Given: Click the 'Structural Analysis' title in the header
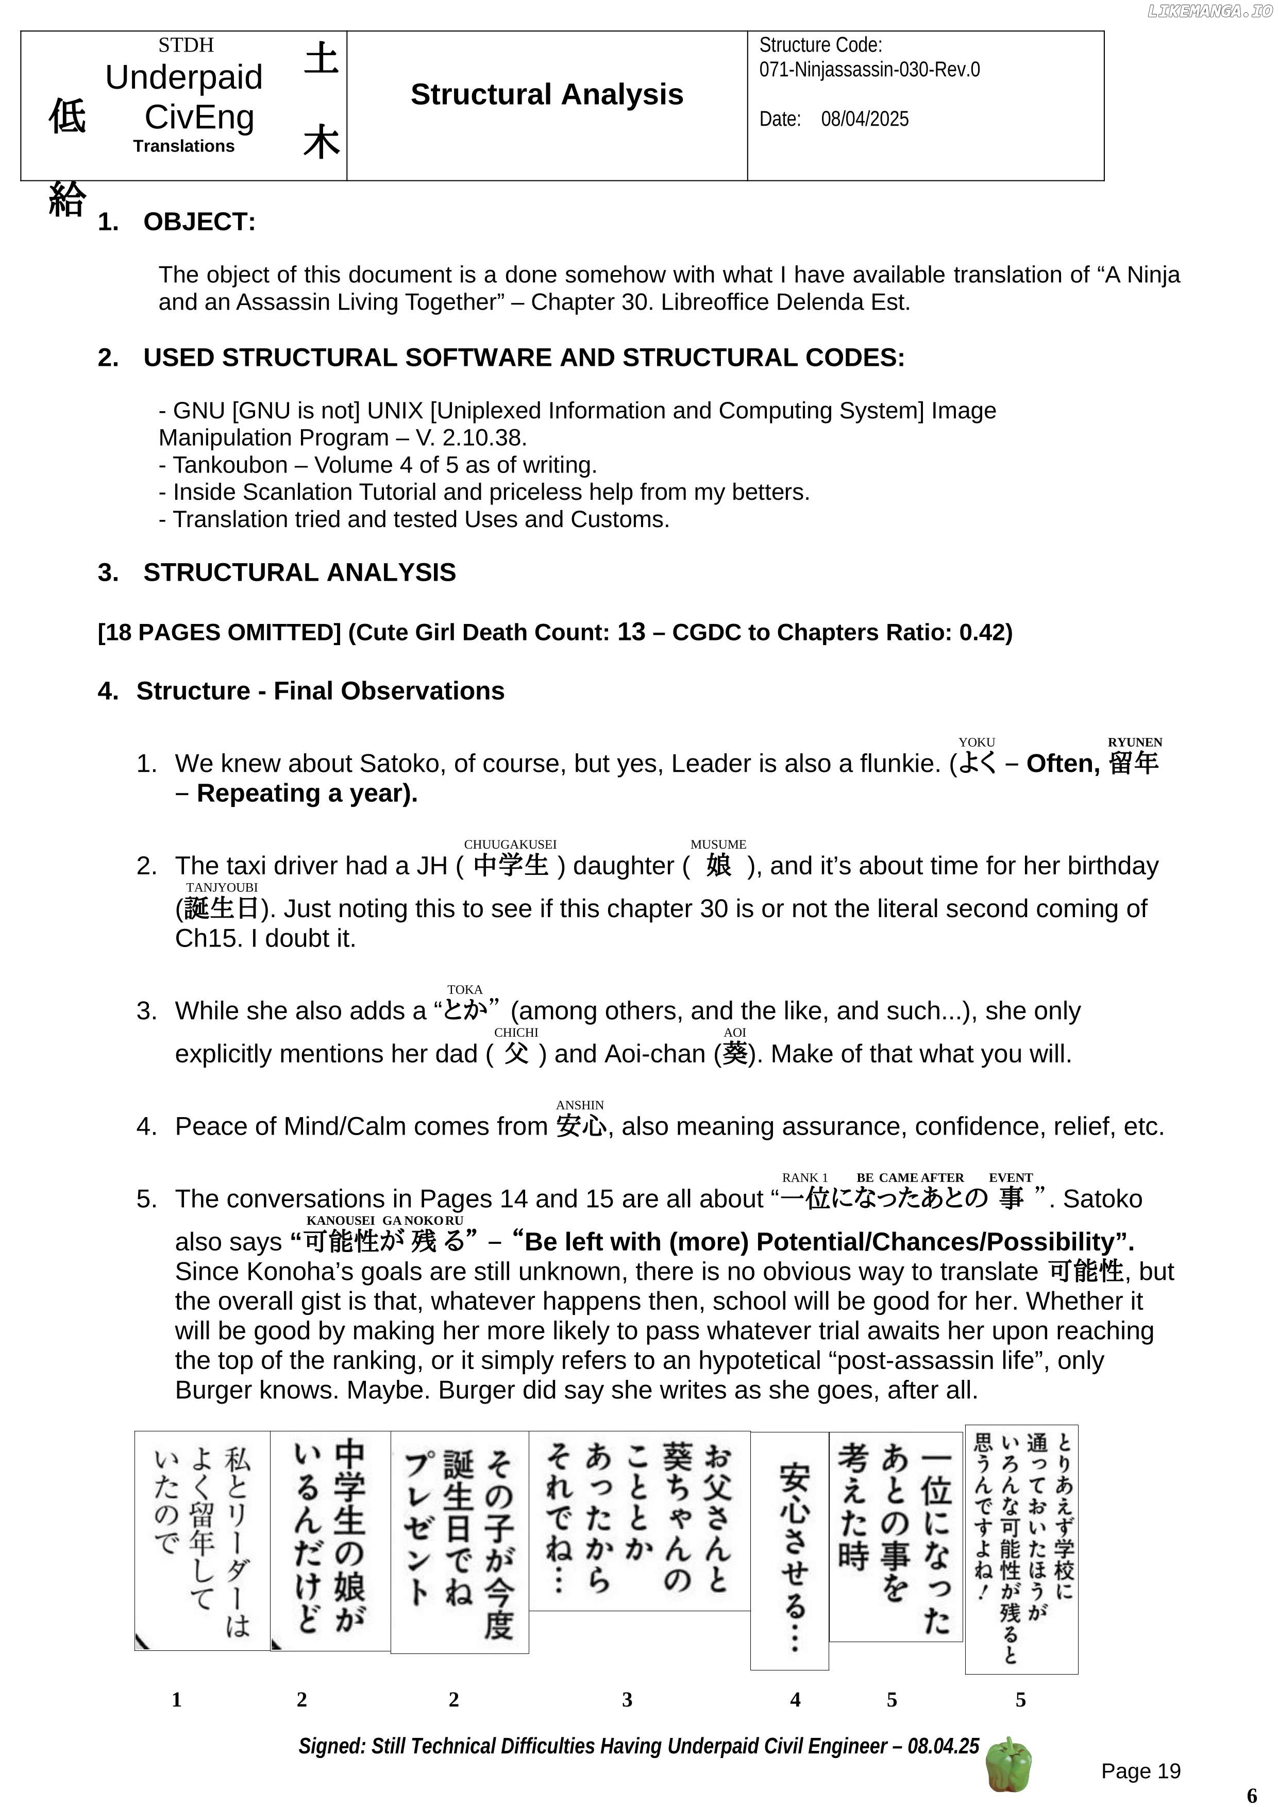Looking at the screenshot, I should point(547,94).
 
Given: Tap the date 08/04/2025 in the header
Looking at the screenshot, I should point(864,119).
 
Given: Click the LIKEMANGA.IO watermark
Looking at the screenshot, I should point(1209,11).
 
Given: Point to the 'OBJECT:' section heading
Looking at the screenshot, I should point(199,222).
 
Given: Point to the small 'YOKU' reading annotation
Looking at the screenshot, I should point(976,742).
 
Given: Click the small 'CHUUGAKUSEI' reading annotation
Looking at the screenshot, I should point(510,845).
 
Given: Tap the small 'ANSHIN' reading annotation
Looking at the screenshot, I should point(580,1105).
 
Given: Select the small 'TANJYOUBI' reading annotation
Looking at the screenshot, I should point(222,888).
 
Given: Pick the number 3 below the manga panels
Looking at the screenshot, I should point(627,1699).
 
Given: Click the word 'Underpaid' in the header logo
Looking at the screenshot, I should point(184,77).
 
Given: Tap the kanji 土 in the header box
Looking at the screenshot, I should point(321,59).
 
